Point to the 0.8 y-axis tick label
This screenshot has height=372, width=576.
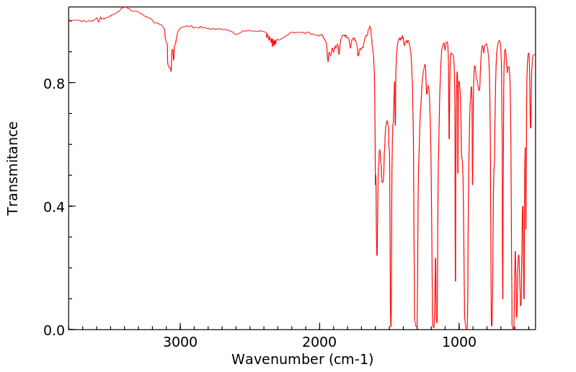click(54, 83)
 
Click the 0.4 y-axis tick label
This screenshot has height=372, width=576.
click(54, 207)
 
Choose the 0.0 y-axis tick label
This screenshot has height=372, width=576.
click(54, 330)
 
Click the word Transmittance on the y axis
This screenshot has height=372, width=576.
click(13, 168)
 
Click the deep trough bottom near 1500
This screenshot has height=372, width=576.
click(391, 326)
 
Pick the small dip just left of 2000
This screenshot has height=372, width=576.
click(328, 61)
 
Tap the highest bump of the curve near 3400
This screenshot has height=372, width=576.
click(124, 7)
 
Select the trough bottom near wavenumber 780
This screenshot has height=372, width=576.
click(492, 325)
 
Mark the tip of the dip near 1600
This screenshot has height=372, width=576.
click(377, 254)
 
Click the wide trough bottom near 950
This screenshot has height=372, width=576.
click(466, 327)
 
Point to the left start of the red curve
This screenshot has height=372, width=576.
click(69, 21)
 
